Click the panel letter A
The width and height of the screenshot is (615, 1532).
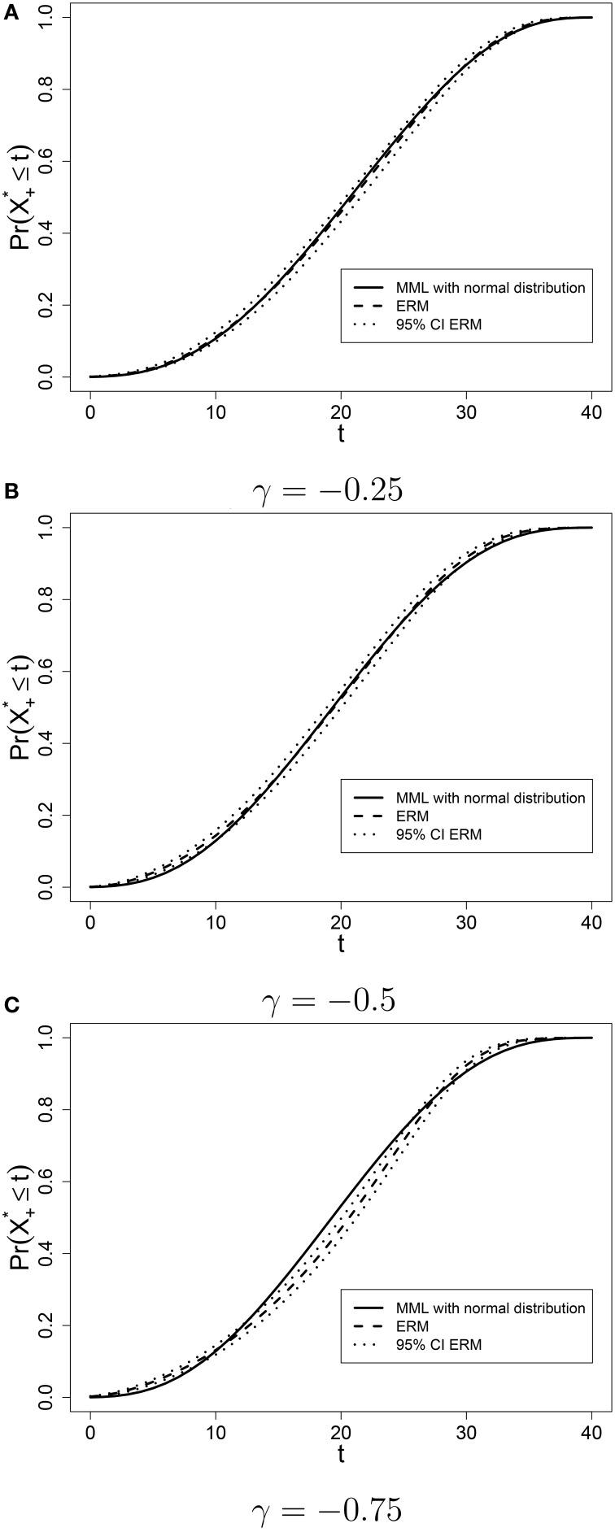(11, 10)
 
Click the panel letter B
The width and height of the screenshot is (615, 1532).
(11, 492)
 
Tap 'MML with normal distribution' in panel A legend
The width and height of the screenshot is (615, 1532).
(490, 288)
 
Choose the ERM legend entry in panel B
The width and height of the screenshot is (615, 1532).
(412, 816)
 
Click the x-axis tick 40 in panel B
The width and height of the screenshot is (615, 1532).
(591, 923)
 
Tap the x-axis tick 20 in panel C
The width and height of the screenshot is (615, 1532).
(341, 1434)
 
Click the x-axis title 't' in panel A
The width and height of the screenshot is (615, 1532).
(341, 435)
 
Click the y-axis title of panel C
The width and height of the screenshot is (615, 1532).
(20, 1217)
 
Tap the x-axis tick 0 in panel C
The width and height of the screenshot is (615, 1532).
(90, 1434)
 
